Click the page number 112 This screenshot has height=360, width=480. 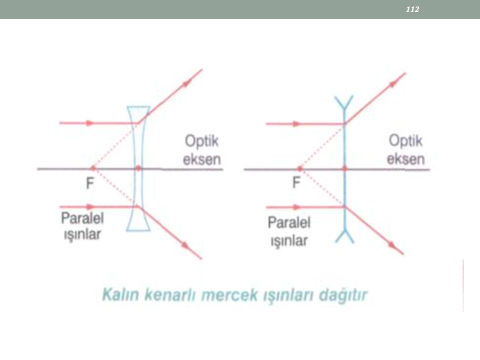click(x=412, y=9)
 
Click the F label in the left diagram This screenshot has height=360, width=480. click(x=89, y=183)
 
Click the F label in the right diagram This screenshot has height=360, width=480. click(x=296, y=182)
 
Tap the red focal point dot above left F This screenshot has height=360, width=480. click(x=93, y=168)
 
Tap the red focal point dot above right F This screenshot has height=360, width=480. click(x=299, y=168)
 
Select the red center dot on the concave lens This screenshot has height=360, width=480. click(x=138, y=168)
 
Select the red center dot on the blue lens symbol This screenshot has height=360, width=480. click(x=344, y=168)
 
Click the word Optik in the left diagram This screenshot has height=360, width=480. click(x=201, y=141)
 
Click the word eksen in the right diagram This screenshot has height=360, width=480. click(x=405, y=159)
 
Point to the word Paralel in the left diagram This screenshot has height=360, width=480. click(x=82, y=218)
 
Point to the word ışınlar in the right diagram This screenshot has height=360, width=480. click(x=289, y=240)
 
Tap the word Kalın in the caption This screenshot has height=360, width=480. click(x=120, y=294)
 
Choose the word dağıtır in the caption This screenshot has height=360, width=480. click(x=343, y=295)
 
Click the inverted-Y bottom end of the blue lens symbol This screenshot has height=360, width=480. click(x=344, y=235)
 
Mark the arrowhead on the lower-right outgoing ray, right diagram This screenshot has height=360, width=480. click(x=392, y=244)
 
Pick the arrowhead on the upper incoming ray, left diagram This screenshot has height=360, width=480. click(x=89, y=123)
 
